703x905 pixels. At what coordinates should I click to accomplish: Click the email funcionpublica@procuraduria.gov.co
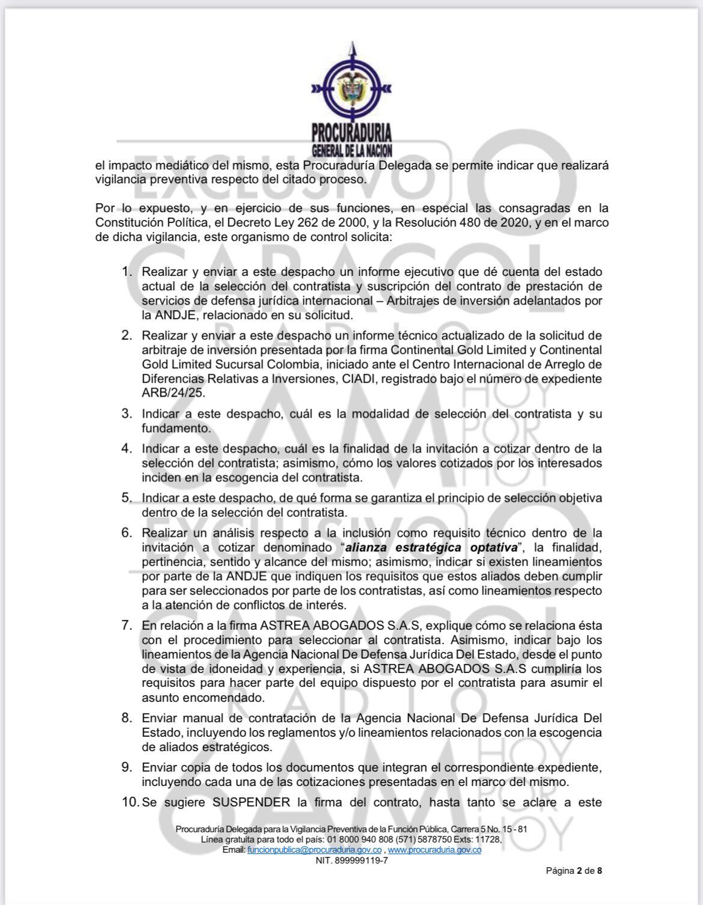314,850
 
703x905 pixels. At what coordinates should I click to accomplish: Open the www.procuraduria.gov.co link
434,850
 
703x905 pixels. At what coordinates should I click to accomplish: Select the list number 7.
126,625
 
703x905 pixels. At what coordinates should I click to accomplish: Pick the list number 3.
126,413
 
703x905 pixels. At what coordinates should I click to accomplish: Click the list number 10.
129,802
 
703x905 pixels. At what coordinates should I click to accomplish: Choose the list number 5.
126,498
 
